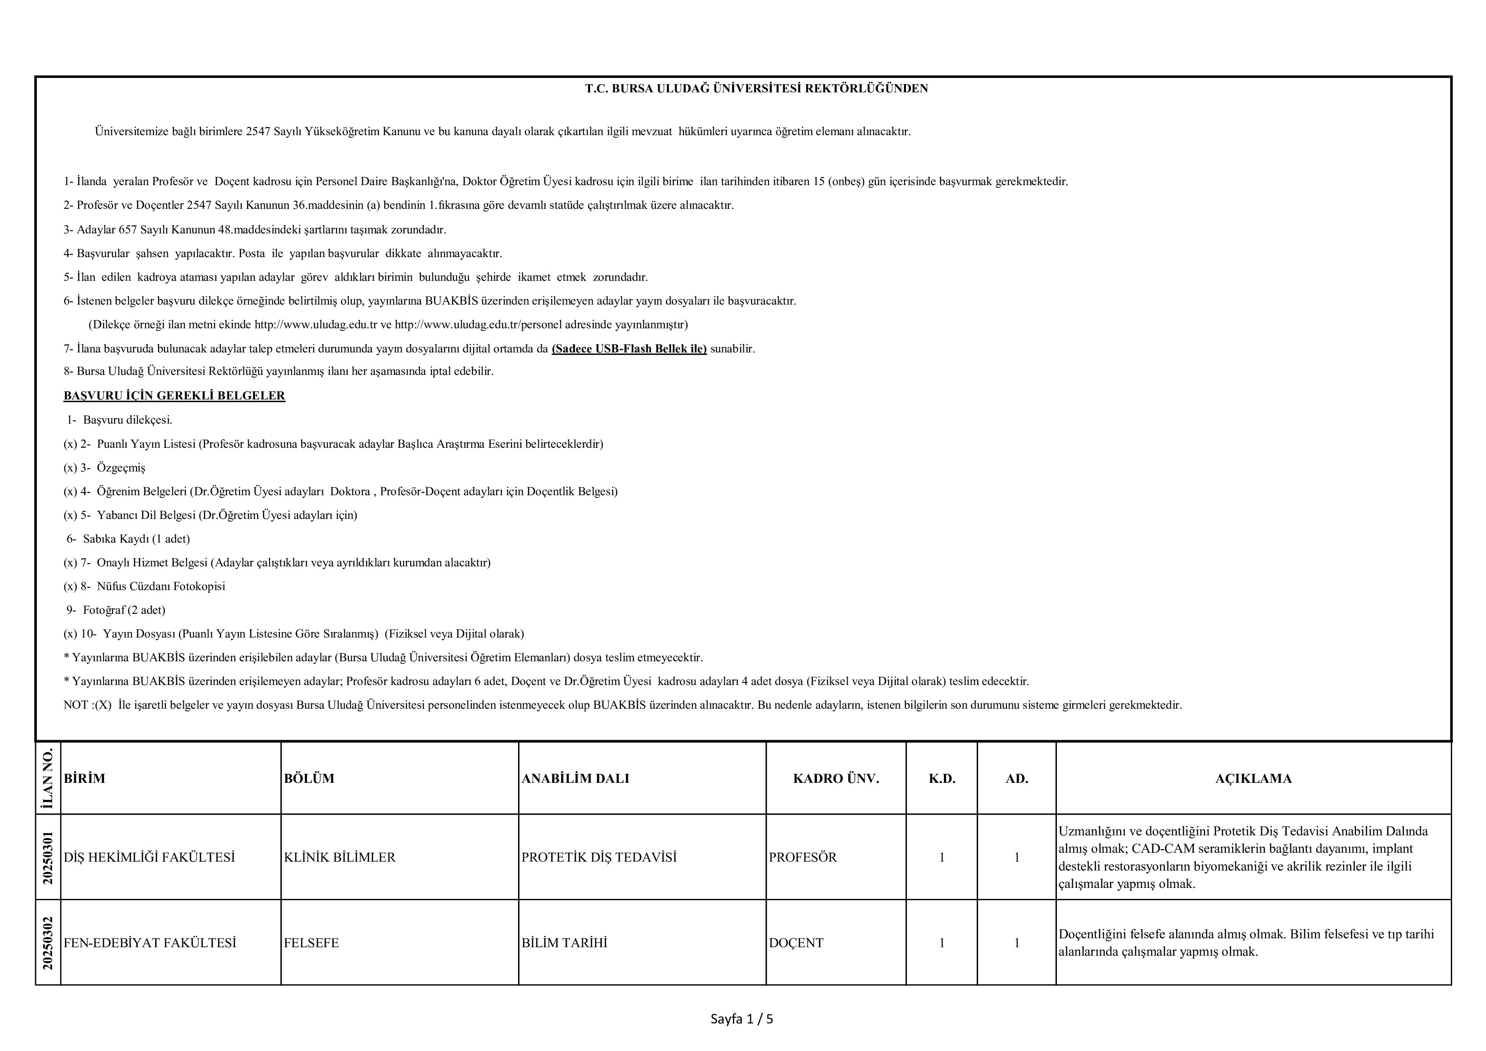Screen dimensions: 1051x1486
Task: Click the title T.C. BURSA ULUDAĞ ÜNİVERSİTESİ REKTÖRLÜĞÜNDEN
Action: (756, 89)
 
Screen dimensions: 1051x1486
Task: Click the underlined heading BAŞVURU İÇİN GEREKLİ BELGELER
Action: (174, 395)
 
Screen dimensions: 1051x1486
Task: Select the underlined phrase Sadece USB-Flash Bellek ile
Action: (629, 349)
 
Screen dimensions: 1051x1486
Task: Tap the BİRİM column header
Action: (85, 779)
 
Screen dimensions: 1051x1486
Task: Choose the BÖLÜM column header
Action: (309, 779)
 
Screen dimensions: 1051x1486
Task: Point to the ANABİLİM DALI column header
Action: (575, 779)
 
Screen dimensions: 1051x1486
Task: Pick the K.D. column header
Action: (942, 779)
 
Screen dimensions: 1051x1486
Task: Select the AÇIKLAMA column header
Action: (1253, 779)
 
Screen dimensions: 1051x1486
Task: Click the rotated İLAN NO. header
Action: (48, 779)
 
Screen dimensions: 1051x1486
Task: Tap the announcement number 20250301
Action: (48, 857)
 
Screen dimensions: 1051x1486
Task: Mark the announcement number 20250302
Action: (48, 943)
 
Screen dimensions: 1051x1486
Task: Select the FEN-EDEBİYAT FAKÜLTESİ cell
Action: (150, 943)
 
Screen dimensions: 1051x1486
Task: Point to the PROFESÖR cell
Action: (803, 857)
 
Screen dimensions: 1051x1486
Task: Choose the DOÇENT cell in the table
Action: (796, 943)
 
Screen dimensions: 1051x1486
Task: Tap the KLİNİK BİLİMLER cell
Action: (340, 857)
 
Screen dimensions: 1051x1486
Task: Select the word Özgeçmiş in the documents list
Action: (121, 468)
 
